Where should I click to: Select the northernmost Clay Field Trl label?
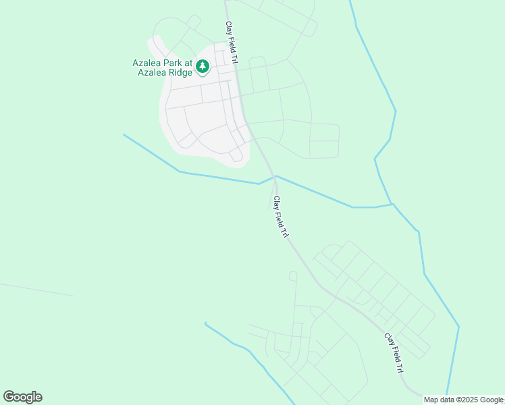click(x=231, y=43)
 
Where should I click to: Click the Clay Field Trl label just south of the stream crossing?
click(x=280, y=217)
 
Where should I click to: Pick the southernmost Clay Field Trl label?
click(x=394, y=353)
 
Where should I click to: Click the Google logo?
click(x=22, y=397)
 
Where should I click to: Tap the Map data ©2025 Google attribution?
click(x=463, y=400)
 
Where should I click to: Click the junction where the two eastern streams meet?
click(x=392, y=203)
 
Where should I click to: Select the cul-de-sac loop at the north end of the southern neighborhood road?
click(x=293, y=275)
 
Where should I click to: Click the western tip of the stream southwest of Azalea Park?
click(x=124, y=135)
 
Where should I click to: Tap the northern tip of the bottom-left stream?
click(x=205, y=323)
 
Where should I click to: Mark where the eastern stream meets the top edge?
click(x=350, y=1)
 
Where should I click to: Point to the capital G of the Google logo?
click(x=9, y=397)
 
